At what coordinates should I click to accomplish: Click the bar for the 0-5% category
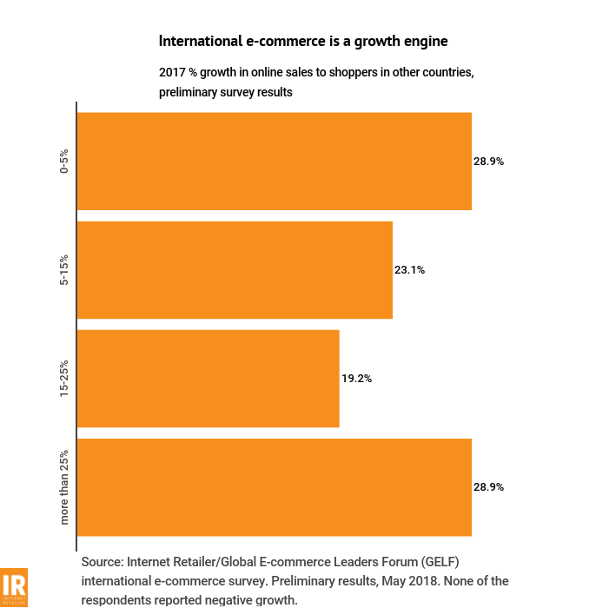pyautogui.click(x=275, y=161)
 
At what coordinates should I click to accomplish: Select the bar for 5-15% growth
pyautogui.click(x=235, y=270)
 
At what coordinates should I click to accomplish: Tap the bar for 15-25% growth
pyautogui.click(x=209, y=379)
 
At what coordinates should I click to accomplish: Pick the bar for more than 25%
pyautogui.click(x=275, y=487)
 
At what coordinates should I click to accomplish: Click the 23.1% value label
pyautogui.click(x=409, y=270)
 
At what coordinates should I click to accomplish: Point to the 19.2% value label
pyautogui.click(x=356, y=379)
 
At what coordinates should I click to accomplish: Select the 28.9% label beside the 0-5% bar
pyautogui.click(x=488, y=162)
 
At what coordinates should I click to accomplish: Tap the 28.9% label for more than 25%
pyautogui.click(x=488, y=487)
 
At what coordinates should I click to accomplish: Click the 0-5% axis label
pyautogui.click(x=64, y=162)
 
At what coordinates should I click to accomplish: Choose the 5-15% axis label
pyautogui.click(x=64, y=270)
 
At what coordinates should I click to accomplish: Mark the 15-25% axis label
pyautogui.click(x=64, y=379)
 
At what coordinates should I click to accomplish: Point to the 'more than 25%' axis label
pyautogui.click(x=64, y=487)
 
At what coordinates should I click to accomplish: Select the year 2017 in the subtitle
pyautogui.click(x=172, y=72)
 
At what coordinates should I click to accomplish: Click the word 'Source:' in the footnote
pyautogui.click(x=105, y=562)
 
